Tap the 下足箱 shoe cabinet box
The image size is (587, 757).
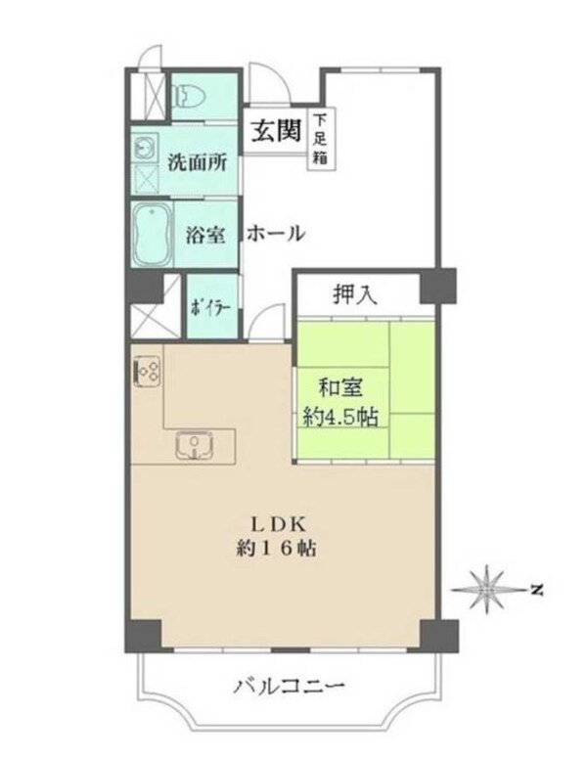[320, 138]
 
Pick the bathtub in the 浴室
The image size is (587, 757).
[152, 234]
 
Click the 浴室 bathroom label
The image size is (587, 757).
[206, 235]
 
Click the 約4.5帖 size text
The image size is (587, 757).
[340, 415]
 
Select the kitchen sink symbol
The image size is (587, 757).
[198, 447]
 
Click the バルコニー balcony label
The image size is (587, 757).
[288, 688]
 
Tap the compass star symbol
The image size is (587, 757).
[487, 589]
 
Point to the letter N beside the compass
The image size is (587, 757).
[536, 590]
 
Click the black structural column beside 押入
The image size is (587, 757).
[438, 285]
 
